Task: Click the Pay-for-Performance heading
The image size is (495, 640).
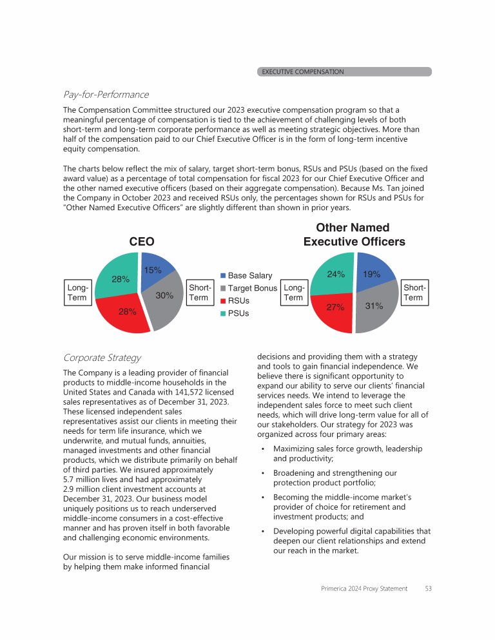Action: [106, 95]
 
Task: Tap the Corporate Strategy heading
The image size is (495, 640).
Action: [102, 358]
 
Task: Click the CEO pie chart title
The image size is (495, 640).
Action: [142, 241]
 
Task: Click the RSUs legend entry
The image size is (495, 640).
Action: [238, 300]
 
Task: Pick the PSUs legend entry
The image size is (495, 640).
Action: [238, 313]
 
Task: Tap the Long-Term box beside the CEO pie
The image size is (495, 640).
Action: [77, 293]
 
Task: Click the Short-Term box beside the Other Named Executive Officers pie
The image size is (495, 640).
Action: [413, 293]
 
